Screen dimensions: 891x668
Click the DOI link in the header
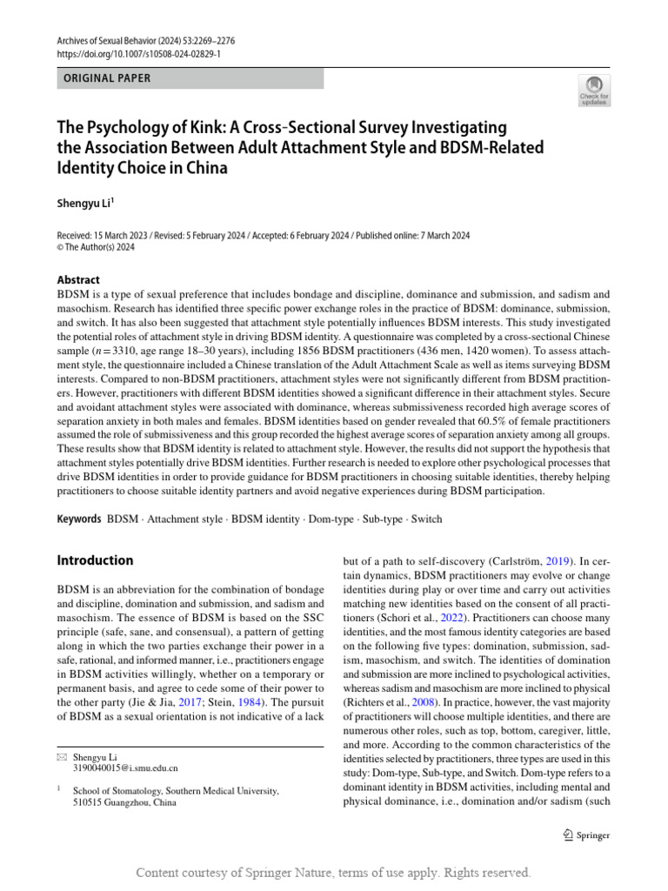coord(139,53)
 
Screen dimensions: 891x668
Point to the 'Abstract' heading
coord(78,280)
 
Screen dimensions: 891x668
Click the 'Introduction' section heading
coord(95,560)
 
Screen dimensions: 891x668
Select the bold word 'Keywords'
coord(78,519)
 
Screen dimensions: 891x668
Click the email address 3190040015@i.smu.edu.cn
coord(125,768)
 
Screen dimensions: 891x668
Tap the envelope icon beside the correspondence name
coord(61,757)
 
